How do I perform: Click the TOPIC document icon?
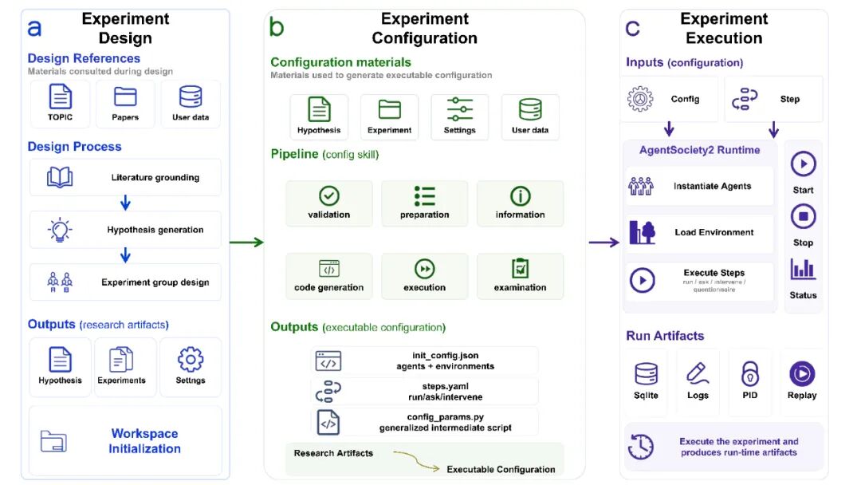[60, 97]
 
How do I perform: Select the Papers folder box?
[125, 104]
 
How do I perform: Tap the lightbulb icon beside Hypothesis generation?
[60, 230]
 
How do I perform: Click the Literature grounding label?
[155, 177]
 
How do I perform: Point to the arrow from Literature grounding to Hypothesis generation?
[125, 203]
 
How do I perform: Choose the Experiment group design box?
[125, 282]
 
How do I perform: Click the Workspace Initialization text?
[144, 441]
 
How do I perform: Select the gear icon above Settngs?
[191, 360]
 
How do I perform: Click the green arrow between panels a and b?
[246, 242]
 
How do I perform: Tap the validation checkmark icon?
[329, 195]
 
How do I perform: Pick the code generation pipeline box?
[329, 276]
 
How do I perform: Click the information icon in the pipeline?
[520, 195]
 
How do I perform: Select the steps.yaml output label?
[446, 392]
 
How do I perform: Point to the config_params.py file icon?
[328, 423]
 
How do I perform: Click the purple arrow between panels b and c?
[604, 242]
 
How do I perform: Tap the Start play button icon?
[804, 164]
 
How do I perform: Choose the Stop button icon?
[804, 216]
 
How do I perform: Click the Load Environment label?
[714, 232]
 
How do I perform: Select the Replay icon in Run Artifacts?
[802, 373]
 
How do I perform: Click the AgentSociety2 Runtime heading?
[700, 150]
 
